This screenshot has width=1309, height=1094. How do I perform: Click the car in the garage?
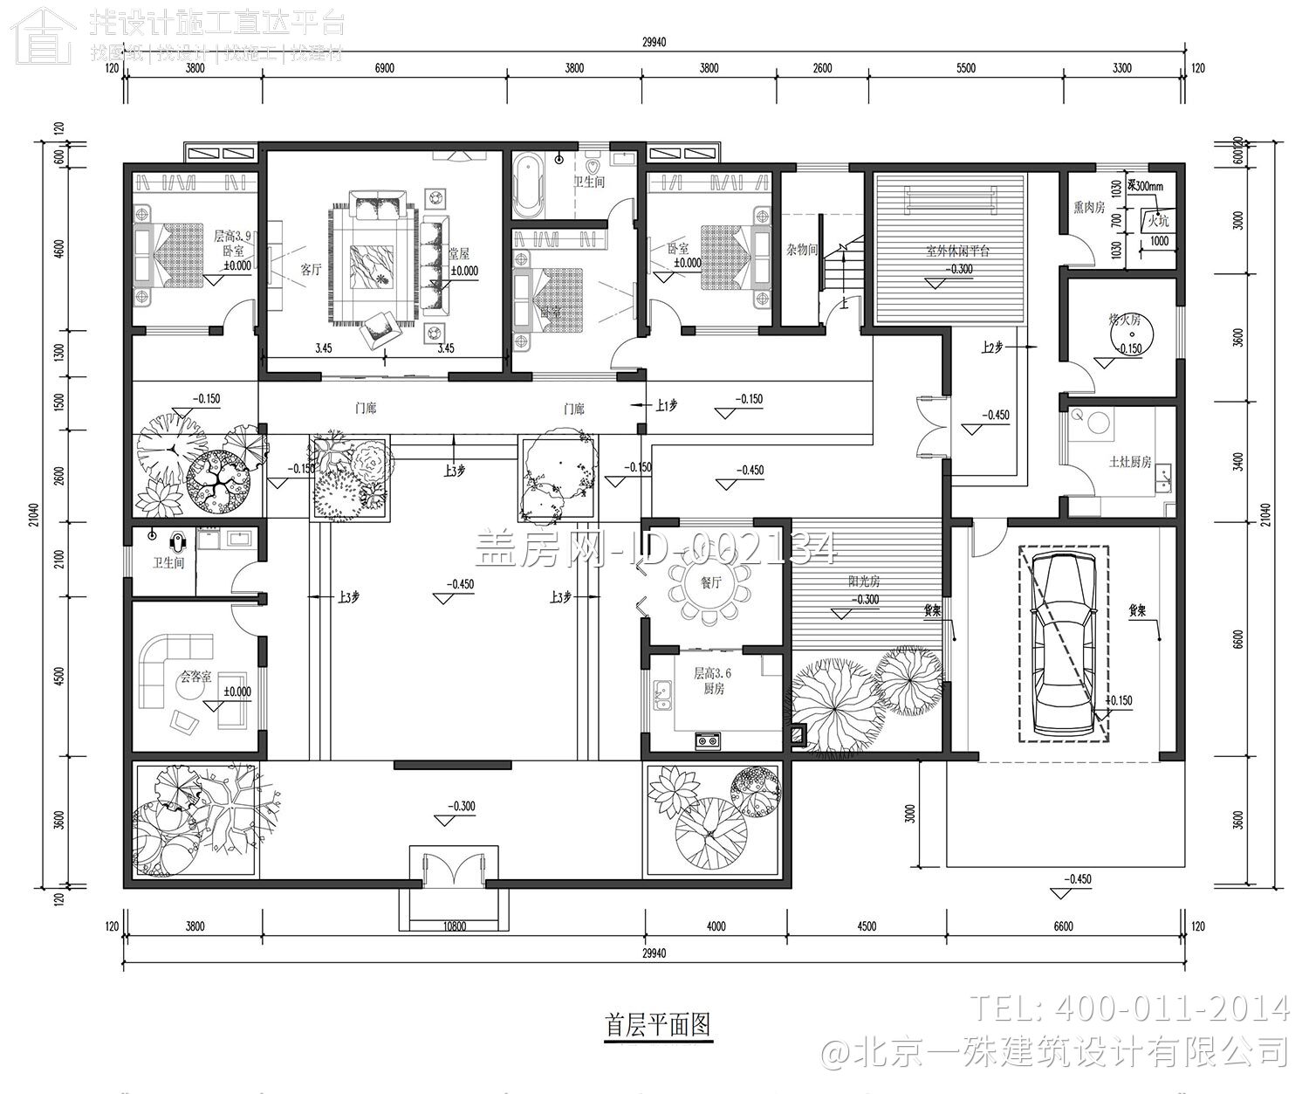[1062, 643]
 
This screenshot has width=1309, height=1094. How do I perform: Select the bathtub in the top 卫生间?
[529, 185]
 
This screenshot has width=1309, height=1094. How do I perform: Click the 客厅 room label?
[312, 270]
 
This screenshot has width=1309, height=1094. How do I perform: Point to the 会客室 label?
[195, 676]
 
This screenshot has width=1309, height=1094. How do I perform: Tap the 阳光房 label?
[864, 581]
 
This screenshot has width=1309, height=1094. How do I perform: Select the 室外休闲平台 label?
[957, 251]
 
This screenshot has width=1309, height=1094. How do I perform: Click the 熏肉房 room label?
[1089, 208]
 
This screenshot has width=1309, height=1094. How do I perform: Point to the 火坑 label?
[1158, 220]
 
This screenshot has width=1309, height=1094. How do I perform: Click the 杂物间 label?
[802, 250]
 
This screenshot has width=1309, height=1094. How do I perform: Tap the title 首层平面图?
[659, 1024]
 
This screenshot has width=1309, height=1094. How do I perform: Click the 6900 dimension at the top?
[384, 68]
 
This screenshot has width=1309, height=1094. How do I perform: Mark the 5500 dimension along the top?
[965, 68]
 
